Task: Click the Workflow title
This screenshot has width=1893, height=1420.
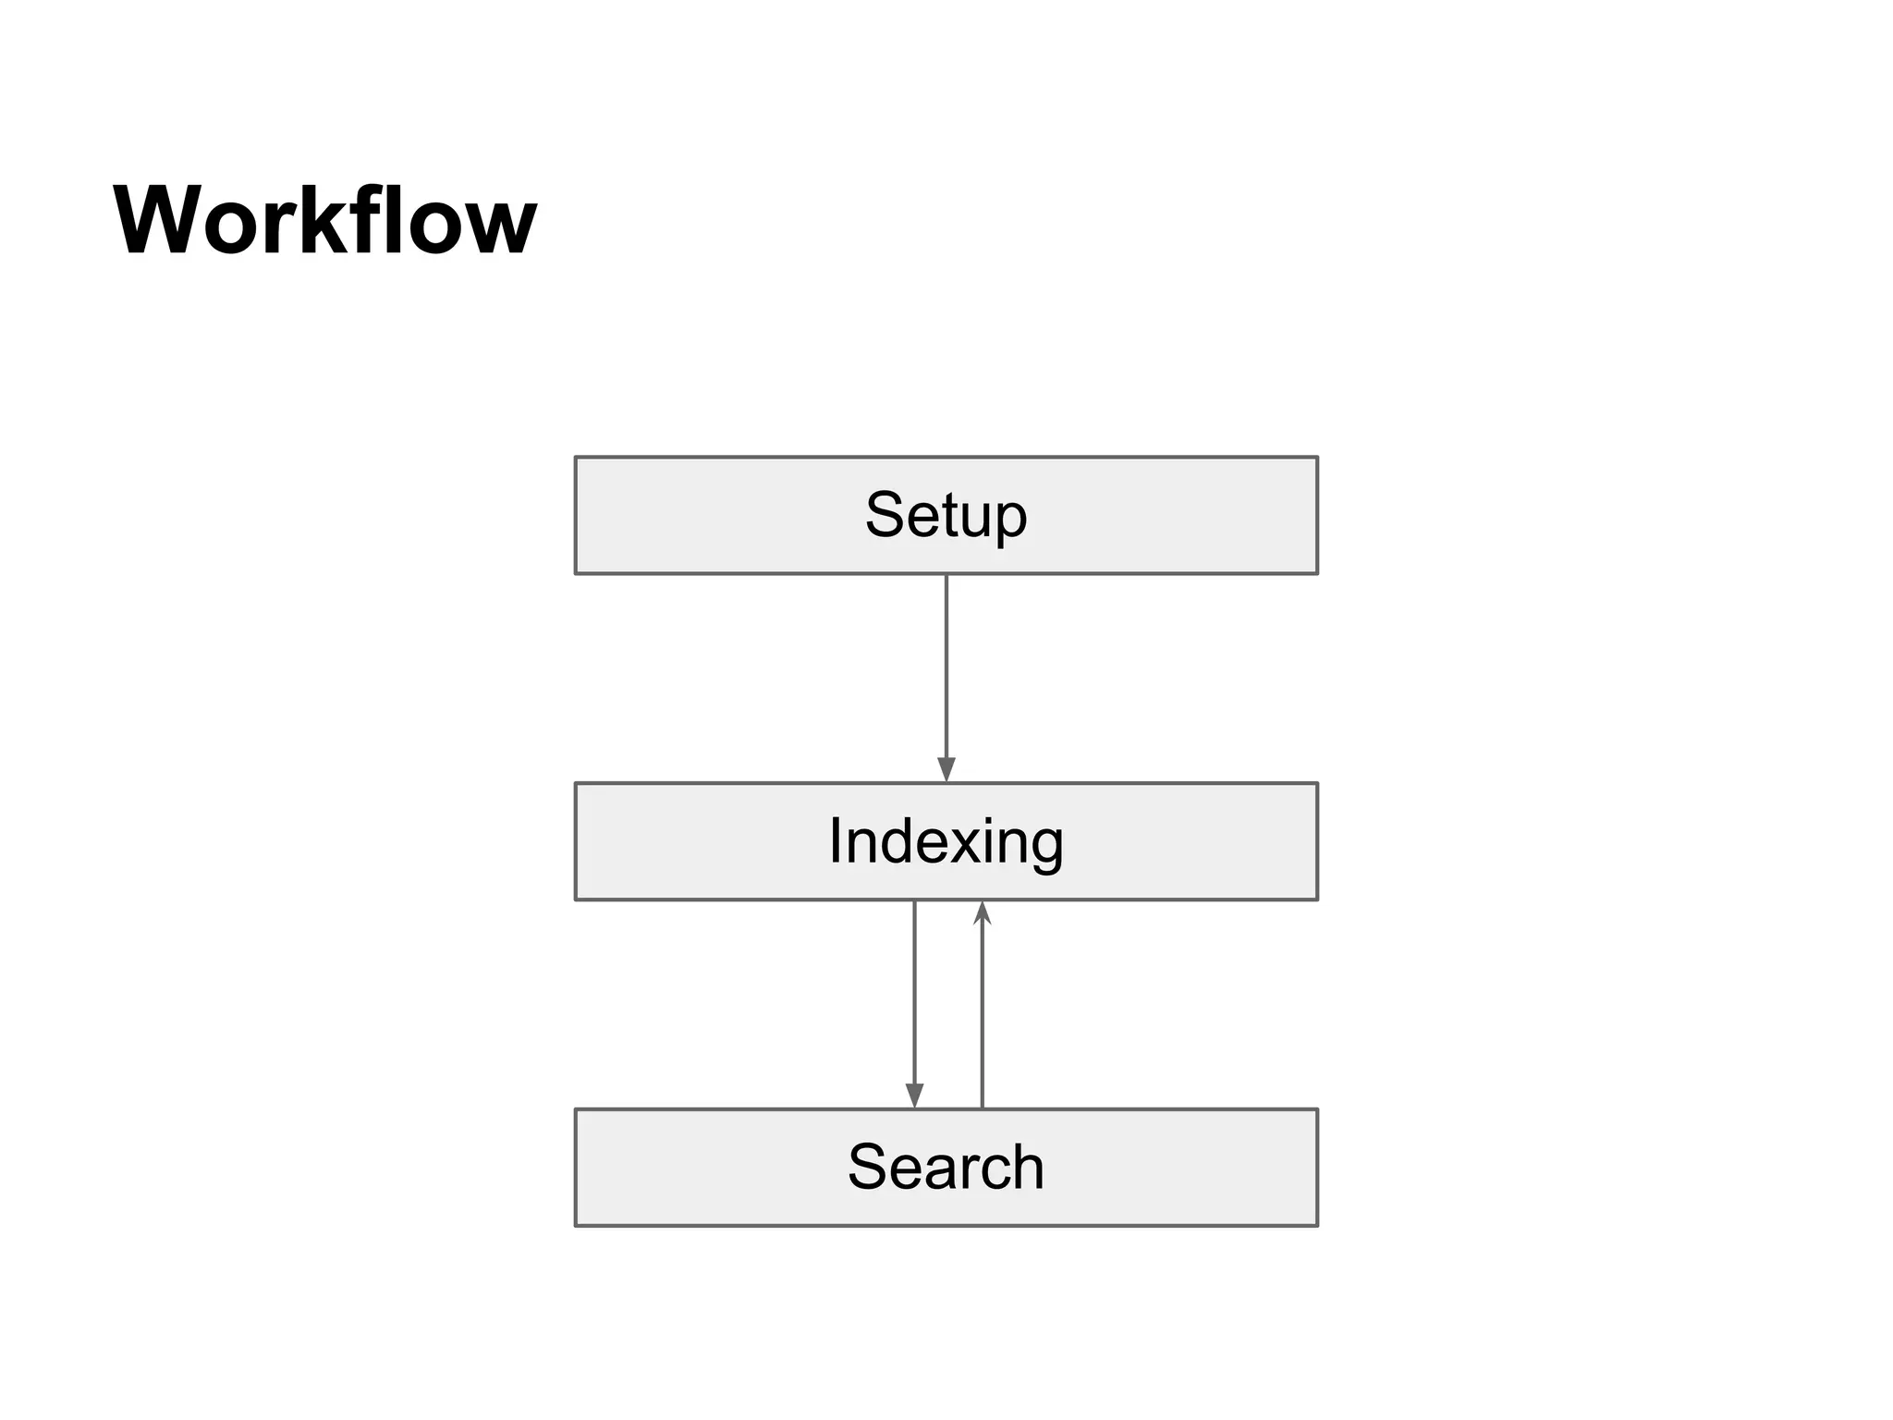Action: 324,222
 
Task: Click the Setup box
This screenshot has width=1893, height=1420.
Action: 946,515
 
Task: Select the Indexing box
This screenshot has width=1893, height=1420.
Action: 946,841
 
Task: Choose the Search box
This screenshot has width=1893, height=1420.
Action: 946,1168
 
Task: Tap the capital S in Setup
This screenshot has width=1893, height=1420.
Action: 885,515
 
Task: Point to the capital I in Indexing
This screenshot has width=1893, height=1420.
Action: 836,841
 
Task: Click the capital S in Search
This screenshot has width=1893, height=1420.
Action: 868,1168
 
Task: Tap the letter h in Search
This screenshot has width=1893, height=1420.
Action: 1027,1167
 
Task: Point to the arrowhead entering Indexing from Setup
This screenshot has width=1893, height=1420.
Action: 946,769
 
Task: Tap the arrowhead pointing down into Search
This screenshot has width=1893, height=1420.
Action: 914,1096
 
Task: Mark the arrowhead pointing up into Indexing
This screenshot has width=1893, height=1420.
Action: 982,912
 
